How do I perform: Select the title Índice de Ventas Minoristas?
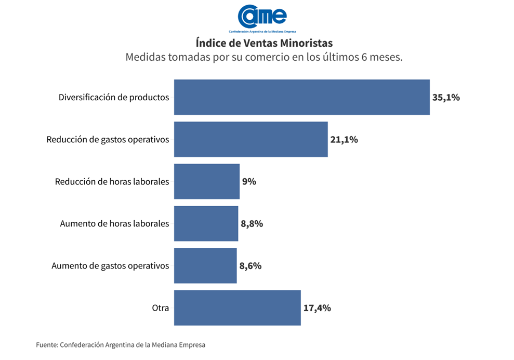[x=264, y=43]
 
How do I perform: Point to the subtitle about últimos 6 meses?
[x=264, y=57]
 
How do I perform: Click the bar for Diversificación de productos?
[x=301, y=97]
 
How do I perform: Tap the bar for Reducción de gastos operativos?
[x=251, y=139]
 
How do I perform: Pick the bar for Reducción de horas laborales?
[x=207, y=181]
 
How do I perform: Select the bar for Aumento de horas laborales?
[x=206, y=223]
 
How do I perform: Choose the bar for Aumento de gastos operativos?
[x=205, y=265]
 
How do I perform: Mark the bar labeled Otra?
[x=237, y=308]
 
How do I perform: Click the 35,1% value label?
[x=446, y=97]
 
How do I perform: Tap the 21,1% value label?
[x=344, y=139]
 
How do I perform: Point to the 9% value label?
[x=249, y=181]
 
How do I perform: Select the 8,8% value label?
[x=252, y=223]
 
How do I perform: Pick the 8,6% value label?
[x=250, y=265]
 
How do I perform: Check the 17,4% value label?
[x=317, y=308]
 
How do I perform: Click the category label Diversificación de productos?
[x=114, y=97]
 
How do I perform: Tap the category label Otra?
[x=161, y=308]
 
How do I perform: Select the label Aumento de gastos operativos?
[x=110, y=265]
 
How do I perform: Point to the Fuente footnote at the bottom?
[x=121, y=344]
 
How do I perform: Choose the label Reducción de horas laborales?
[x=112, y=181]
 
